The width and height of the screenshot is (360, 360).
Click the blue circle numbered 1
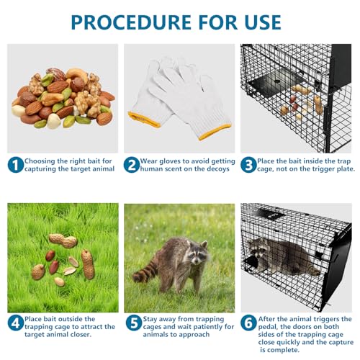pos(15,165)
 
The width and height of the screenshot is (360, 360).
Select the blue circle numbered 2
pos(132,165)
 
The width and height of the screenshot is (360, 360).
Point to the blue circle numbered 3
pos(248,165)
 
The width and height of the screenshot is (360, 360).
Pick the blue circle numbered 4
pos(15,323)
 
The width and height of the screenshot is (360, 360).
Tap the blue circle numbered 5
pos(132,323)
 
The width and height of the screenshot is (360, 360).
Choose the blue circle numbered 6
pos(248,323)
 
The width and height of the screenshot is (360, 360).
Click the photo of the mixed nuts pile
pos(63,97)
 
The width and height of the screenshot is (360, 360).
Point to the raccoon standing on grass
pos(176,263)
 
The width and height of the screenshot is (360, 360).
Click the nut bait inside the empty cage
pos(306,101)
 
